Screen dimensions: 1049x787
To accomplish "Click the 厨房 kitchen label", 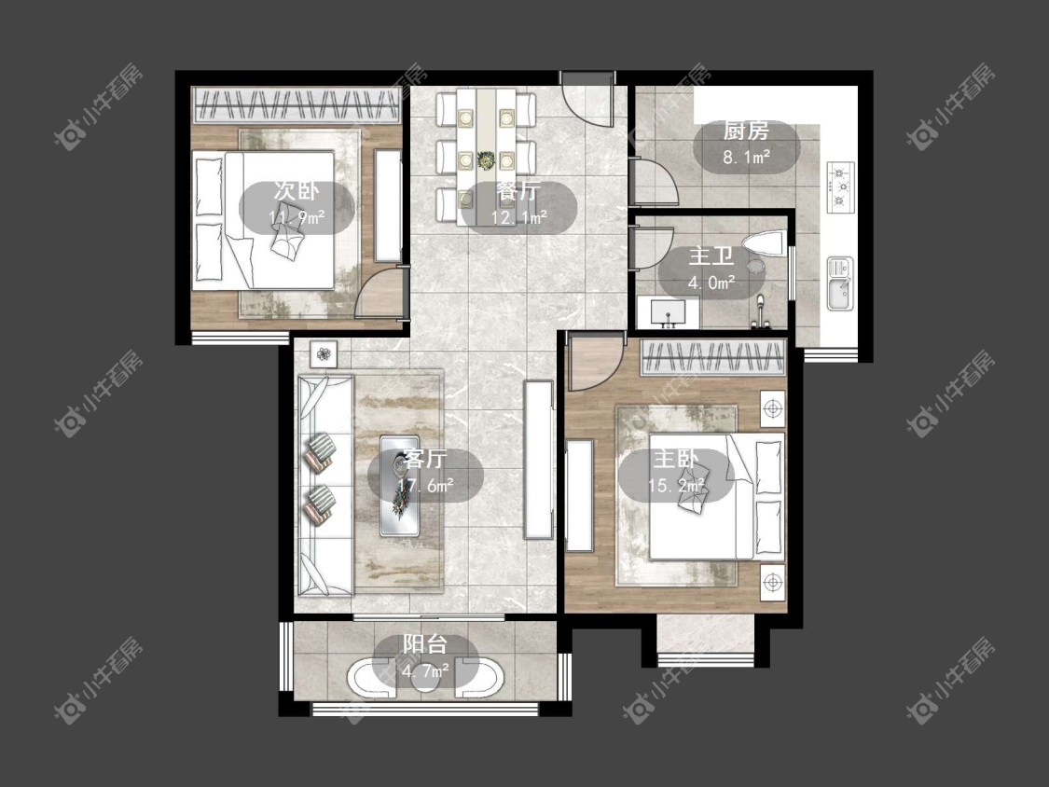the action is tap(745, 131).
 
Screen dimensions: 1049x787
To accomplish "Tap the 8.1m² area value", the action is tap(747, 158).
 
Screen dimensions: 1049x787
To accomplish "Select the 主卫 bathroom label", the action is tap(711, 256).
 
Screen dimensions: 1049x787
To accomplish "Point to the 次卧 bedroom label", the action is tap(297, 191).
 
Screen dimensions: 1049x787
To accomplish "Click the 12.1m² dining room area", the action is tap(519, 217).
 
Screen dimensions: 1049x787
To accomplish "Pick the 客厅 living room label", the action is tap(425, 459).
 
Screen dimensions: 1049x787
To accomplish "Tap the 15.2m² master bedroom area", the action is tap(676, 485).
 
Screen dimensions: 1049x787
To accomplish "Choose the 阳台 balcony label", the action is tap(425, 643).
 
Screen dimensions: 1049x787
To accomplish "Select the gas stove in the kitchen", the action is tap(841, 187).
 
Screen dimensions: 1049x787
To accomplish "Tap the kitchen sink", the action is tap(840, 283).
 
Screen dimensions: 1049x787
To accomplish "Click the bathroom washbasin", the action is tap(668, 313).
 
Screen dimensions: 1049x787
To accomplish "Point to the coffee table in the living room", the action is tap(399, 485).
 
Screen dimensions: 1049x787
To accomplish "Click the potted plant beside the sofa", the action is tap(324, 353).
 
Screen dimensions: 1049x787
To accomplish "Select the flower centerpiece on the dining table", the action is tap(486, 160).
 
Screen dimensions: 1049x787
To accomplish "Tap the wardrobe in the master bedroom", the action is tap(711, 358).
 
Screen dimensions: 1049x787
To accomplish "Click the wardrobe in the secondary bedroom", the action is tap(297, 105).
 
